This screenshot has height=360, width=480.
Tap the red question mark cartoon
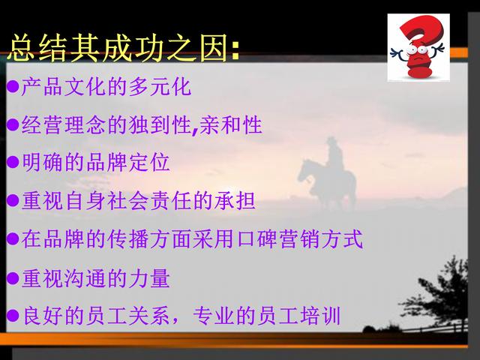[x=418, y=46]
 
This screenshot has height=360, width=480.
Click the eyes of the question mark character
[x=418, y=49]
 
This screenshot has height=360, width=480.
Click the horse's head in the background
[x=304, y=170]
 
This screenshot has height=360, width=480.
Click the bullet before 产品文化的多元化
[x=13, y=87]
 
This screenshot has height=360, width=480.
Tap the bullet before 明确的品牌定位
[x=13, y=162]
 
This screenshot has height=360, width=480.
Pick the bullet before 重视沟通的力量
[x=13, y=278]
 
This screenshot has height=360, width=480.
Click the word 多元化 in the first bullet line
[x=160, y=87]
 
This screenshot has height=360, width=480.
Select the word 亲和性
[x=230, y=124]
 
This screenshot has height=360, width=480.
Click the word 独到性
[x=160, y=124]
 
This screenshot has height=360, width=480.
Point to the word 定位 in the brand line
[x=149, y=162]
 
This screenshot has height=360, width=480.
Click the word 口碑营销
[x=277, y=239]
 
